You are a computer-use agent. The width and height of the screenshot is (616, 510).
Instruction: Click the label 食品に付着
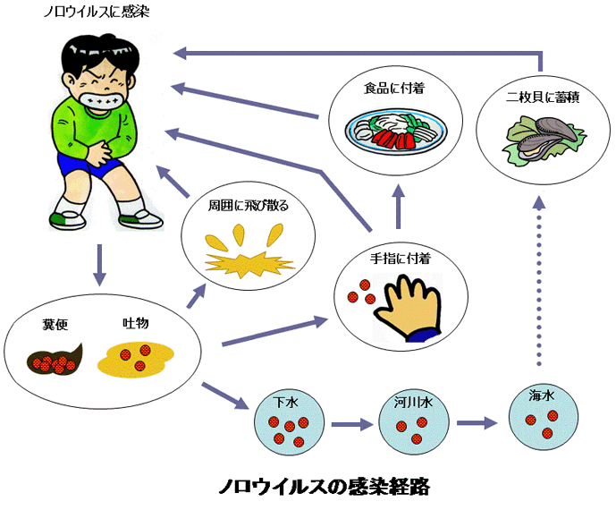(x=394, y=90)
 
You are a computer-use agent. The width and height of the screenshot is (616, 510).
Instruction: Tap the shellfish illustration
(x=543, y=139)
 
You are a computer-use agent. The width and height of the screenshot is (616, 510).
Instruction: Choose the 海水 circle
(x=542, y=416)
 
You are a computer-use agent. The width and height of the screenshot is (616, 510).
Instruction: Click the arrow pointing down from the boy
(x=99, y=264)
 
